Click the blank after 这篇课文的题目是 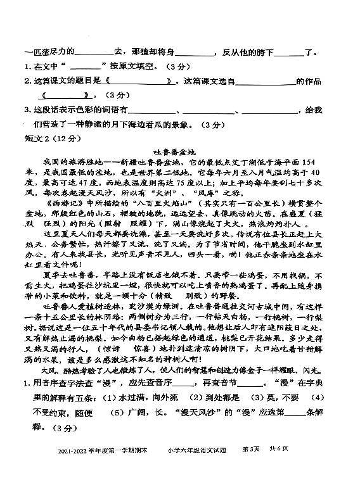[143, 82]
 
